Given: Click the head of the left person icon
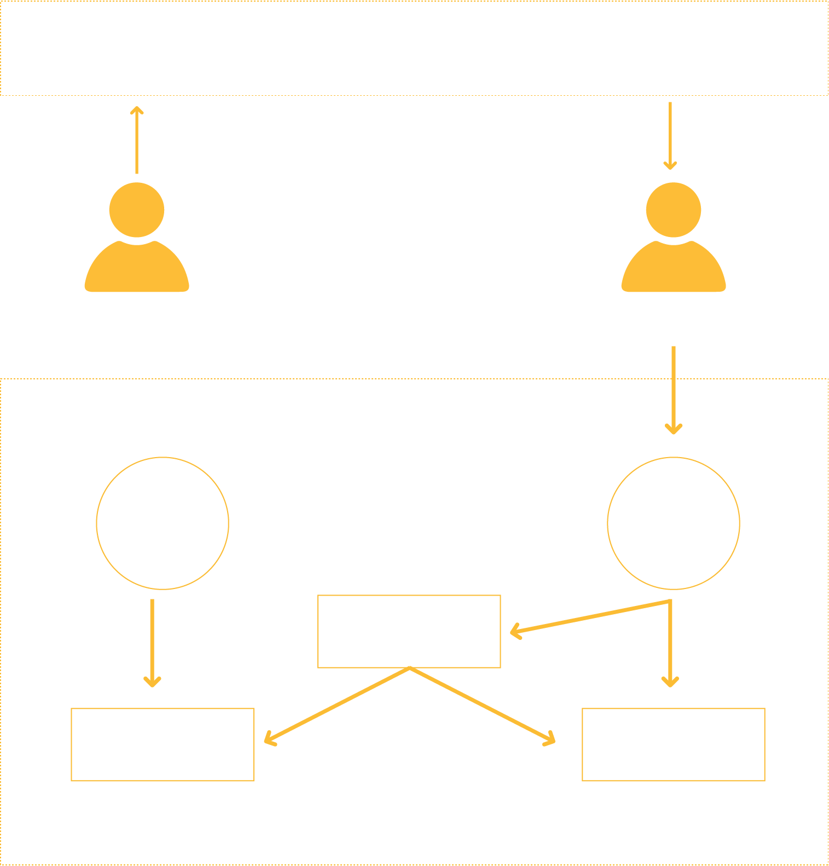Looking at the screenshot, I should [x=137, y=210].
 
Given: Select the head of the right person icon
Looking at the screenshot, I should [x=674, y=210].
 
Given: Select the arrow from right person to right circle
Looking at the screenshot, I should [x=674, y=389].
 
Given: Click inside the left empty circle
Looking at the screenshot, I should [x=163, y=523].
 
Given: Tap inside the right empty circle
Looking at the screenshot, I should [x=674, y=523].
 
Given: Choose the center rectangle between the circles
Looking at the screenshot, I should [x=409, y=631].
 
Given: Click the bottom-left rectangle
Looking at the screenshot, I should [x=163, y=744].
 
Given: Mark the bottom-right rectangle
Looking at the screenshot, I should [x=674, y=744].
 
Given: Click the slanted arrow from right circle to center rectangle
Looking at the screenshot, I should [x=591, y=617].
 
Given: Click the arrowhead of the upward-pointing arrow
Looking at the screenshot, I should [x=137, y=109].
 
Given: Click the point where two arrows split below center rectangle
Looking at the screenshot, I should [x=410, y=668].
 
